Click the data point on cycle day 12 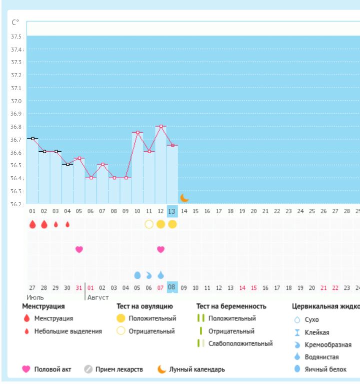(x=160, y=126)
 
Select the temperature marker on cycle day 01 (x=32, y=138)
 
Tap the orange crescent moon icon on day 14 (x=184, y=198)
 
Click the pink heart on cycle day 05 (x=79, y=249)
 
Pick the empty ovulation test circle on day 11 (x=149, y=224)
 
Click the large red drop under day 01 (x=32, y=224)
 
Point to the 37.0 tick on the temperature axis (x=16, y=101)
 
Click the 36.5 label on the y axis (x=16, y=166)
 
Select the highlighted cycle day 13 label (x=172, y=212)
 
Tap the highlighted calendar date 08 (x=172, y=287)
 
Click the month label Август (x=98, y=297)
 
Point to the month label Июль (x=35, y=297)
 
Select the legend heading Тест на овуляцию (x=144, y=306)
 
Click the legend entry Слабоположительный (x=240, y=343)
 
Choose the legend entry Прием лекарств (x=119, y=369)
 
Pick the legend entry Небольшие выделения (x=68, y=331)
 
